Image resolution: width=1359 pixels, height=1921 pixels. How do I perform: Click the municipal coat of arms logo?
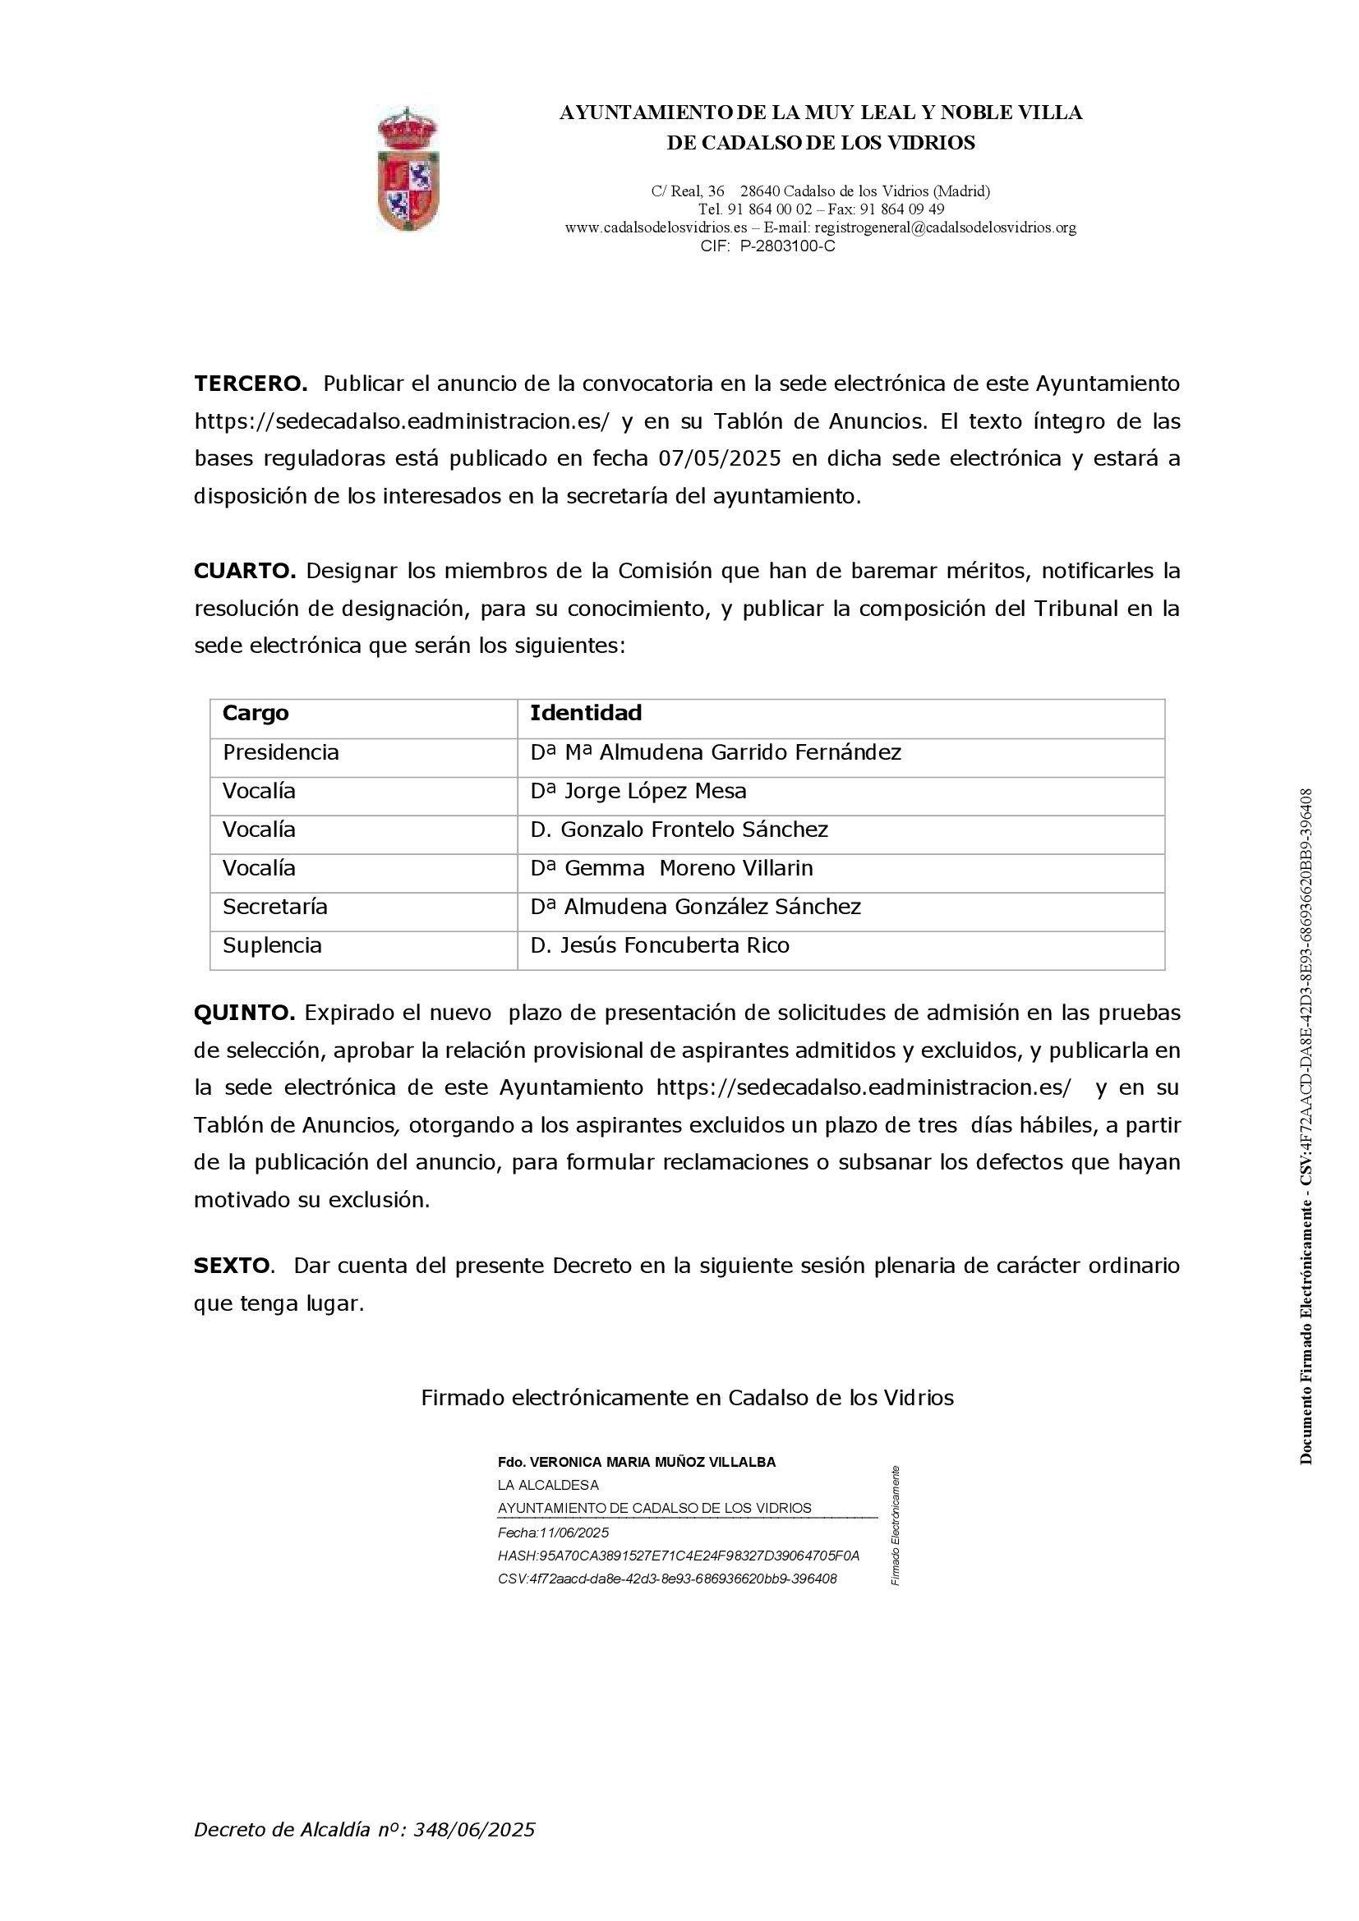408,170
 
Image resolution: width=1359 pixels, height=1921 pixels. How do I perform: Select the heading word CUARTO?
245,572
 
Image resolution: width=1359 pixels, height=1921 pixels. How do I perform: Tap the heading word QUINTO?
244,1013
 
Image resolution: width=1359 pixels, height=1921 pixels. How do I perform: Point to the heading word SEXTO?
232,1266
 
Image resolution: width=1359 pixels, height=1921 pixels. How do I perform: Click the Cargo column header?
256,713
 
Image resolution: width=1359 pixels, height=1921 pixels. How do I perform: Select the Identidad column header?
586,713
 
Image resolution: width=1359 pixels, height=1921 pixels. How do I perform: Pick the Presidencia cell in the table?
280,752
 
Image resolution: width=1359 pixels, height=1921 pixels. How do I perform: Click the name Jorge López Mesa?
655,791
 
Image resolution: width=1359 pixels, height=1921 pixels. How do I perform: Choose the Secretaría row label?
274,907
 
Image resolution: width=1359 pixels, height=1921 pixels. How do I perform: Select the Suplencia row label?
272,945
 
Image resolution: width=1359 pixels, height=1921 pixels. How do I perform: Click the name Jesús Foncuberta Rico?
675,945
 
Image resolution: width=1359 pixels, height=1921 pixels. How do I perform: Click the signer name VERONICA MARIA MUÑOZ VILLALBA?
652,1463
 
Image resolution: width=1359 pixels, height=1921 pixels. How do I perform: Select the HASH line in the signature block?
678,1556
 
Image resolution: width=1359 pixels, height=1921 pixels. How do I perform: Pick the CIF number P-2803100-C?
786,246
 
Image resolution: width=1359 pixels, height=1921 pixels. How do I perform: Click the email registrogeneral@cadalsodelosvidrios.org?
945,227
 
